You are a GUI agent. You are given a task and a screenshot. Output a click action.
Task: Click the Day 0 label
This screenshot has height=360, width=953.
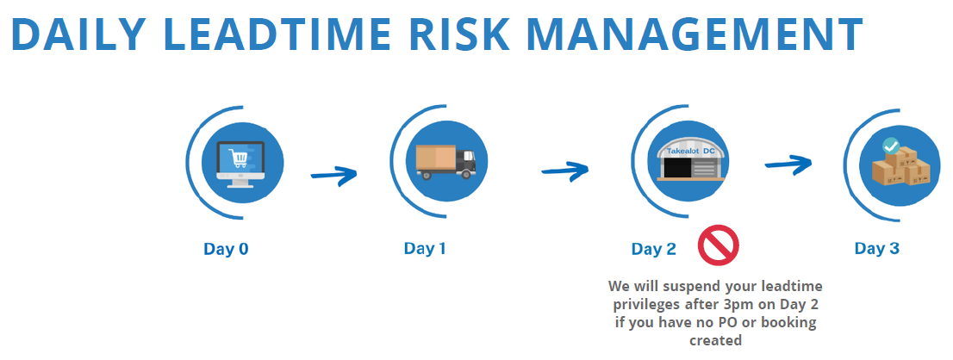pos(226,249)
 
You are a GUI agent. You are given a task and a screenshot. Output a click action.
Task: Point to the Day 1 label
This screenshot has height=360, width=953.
pos(424,248)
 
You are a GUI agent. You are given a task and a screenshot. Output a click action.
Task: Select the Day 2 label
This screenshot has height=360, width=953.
pos(653,249)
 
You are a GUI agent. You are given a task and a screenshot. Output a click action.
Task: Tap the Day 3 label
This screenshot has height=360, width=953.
pos(877,248)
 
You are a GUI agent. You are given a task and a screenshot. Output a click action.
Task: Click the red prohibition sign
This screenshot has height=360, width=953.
pos(718,245)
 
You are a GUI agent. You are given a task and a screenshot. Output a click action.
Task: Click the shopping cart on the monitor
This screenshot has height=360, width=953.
pos(238,159)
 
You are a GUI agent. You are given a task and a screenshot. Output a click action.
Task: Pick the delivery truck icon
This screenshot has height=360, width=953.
pos(445,162)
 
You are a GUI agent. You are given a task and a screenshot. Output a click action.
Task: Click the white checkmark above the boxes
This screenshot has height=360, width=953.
pos(891,146)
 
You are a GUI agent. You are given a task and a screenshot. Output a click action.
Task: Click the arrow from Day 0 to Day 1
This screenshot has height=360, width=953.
pos(333,175)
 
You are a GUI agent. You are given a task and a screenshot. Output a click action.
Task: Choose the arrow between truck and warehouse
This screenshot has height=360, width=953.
pos(565,170)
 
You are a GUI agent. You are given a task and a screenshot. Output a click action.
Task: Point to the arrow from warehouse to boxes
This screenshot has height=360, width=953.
pos(788,164)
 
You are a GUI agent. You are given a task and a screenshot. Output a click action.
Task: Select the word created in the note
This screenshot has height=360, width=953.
pos(715,340)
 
